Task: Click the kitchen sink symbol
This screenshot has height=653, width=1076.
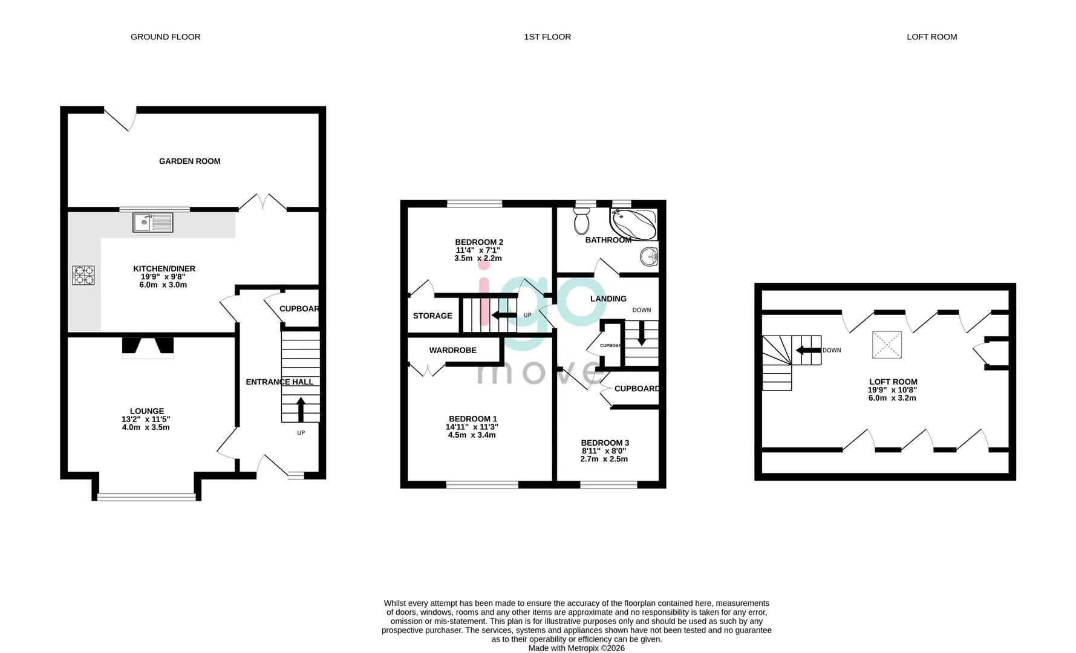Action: click(x=152, y=223)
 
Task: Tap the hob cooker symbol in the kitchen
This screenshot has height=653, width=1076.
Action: click(x=83, y=276)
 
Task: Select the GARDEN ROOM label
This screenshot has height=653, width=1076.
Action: click(x=189, y=161)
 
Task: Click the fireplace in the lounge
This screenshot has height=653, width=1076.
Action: click(x=148, y=346)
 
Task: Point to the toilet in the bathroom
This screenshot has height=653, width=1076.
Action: click(x=582, y=222)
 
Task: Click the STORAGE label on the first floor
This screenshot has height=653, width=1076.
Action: click(x=432, y=316)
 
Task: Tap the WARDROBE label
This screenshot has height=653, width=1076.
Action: click(x=452, y=350)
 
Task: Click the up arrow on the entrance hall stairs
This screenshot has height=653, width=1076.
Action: click(x=301, y=409)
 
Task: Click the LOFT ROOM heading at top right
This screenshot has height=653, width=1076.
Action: click(x=931, y=37)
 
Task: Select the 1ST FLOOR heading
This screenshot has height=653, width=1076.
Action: click(x=547, y=37)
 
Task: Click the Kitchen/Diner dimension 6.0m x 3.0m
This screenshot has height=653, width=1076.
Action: click(x=163, y=285)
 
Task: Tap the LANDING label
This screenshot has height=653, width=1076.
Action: click(x=608, y=299)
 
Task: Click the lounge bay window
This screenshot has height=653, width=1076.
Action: click(x=146, y=497)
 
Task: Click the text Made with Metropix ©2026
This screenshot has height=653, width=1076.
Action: click(x=576, y=648)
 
